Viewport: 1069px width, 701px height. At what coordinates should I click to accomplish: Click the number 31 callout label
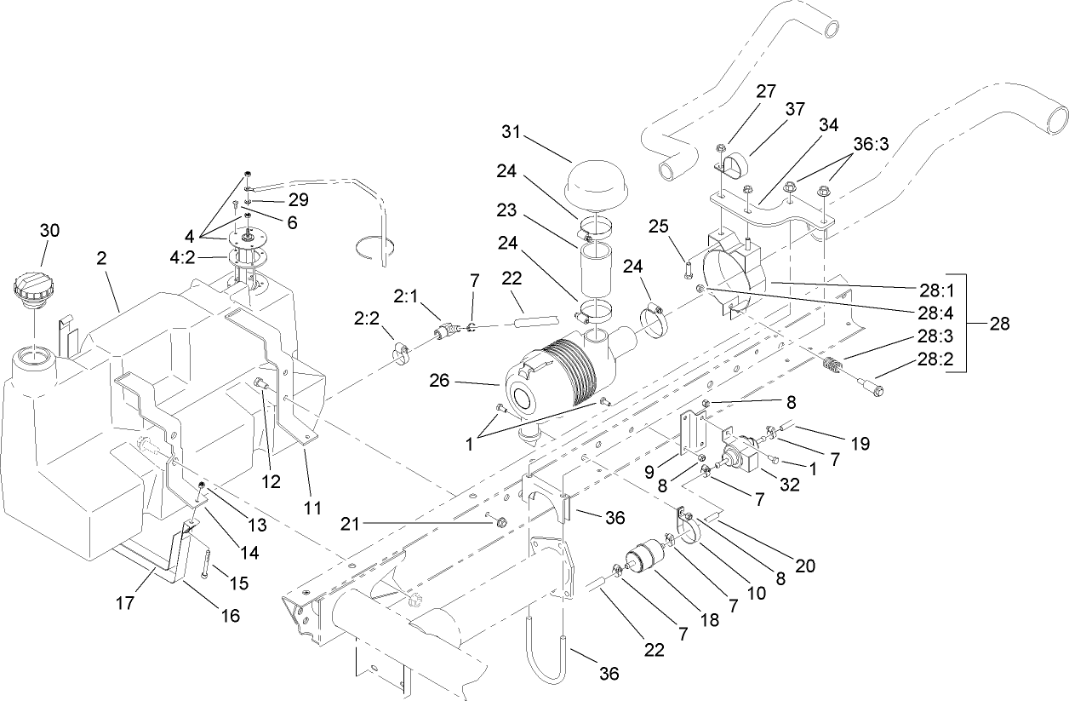click(512, 134)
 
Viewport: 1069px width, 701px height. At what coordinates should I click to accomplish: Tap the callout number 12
click(271, 482)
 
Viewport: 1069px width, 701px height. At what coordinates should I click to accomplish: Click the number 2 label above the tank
click(101, 258)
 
